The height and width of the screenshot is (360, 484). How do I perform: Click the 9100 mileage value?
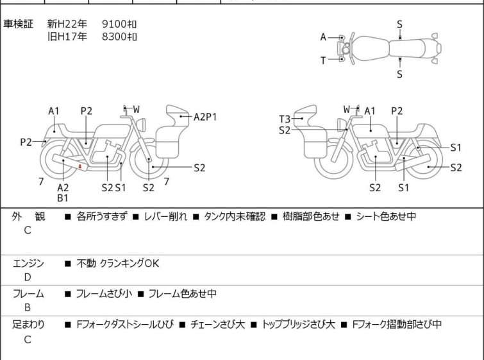pos(119,24)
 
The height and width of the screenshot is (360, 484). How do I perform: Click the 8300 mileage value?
pos(119,37)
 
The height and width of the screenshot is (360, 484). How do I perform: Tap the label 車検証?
pos(18,24)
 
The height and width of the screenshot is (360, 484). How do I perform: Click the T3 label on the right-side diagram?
pos(285,119)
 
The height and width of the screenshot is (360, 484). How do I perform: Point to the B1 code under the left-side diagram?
pos(63,198)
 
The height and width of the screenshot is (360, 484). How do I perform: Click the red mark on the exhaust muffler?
pos(79,167)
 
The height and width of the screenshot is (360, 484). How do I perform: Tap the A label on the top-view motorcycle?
pos(324,37)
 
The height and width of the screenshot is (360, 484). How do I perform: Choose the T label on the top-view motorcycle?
pos(324,60)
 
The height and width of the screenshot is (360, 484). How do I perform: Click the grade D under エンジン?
pos(27,277)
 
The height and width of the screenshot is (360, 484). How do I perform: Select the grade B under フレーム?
pos(27,307)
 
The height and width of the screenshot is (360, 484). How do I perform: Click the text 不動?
pos(86,263)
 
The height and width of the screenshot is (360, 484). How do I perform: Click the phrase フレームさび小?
pos(104,294)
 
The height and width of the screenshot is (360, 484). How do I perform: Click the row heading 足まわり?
pos(29,325)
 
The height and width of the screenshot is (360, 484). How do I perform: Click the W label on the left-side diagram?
pos(136,108)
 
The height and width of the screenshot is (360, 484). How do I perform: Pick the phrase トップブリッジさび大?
pos(299,325)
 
